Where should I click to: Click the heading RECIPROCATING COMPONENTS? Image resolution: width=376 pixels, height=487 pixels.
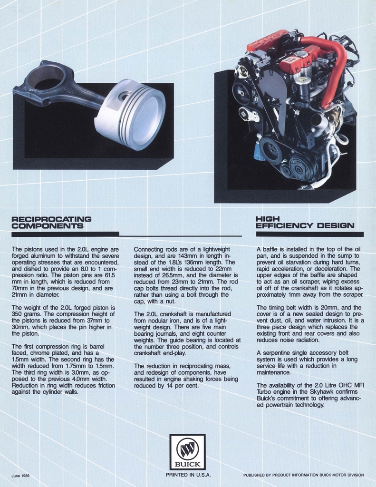(51, 222)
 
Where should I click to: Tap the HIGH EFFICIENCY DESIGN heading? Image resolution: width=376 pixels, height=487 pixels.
(304, 222)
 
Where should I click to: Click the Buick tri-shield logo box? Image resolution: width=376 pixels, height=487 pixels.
(187, 452)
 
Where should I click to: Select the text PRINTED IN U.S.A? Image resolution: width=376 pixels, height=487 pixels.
(188, 475)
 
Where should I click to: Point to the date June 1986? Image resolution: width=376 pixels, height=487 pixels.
(21, 475)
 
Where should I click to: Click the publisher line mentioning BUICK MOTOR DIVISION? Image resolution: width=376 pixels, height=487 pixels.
(303, 475)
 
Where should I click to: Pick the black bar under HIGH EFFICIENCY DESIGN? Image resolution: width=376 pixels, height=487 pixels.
(309, 234)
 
